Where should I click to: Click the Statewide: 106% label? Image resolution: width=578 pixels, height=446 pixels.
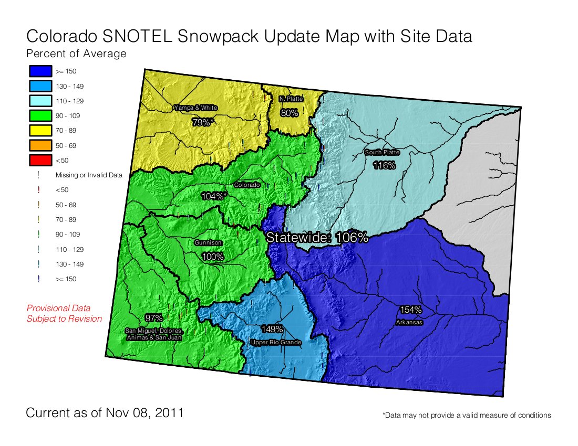(x=317, y=237)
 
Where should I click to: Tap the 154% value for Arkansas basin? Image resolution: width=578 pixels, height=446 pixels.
(x=410, y=310)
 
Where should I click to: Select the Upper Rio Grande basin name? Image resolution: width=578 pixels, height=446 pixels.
(x=276, y=343)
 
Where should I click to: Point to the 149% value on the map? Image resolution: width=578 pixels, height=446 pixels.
(x=272, y=330)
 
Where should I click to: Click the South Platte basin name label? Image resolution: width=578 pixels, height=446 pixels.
(x=382, y=153)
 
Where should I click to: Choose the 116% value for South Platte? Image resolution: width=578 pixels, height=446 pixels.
(x=384, y=165)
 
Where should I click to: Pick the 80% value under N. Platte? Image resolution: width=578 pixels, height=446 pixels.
(x=289, y=112)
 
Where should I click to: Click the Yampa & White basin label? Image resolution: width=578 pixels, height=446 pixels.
(x=195, y=108)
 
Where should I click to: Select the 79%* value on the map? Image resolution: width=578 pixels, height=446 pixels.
(x=203, y=122)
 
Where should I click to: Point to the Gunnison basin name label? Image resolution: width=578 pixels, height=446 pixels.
(x=208, y=243)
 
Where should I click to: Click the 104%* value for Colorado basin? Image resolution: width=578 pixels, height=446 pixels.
(x=214, y=196)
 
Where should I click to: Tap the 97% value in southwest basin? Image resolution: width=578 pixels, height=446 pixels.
(x=154, y=318)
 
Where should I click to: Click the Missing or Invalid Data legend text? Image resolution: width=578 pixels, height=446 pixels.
(x=89, y=175)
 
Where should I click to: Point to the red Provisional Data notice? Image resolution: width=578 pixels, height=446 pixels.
(x=64, y=313)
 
